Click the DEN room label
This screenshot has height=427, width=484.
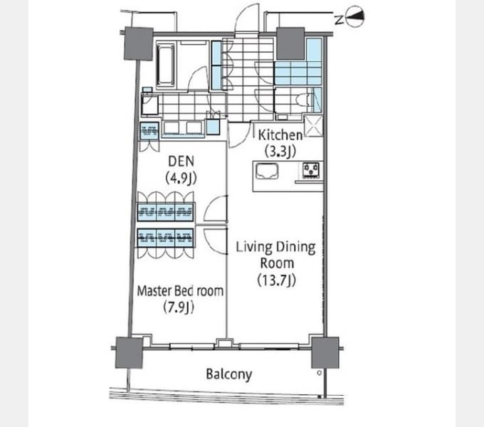click(181, 162)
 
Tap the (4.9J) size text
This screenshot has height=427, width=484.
click(181, 178)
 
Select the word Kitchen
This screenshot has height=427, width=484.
click(280, 135)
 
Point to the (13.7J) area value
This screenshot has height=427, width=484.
click(277, 280)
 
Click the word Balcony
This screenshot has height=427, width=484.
click(228, 374)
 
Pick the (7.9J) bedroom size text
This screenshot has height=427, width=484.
click(179, 307)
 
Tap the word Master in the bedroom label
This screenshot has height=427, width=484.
click(154, 291)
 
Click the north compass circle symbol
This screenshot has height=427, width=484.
click(355, 16)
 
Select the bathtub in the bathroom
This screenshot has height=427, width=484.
click(166, 65)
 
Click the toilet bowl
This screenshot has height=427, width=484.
click(302, 100)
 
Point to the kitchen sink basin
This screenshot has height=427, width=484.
click(267, 171)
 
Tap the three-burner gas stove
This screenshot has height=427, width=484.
click(311, 170)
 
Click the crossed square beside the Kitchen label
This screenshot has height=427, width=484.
click(313, 126)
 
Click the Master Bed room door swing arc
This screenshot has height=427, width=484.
click(216, 242)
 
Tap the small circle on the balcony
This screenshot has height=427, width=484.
click(319, 373)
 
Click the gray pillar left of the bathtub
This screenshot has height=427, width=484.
click(139, 43)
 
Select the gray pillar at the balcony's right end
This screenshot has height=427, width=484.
click(325, 353)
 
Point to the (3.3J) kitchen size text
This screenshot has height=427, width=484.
click(280, 151)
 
